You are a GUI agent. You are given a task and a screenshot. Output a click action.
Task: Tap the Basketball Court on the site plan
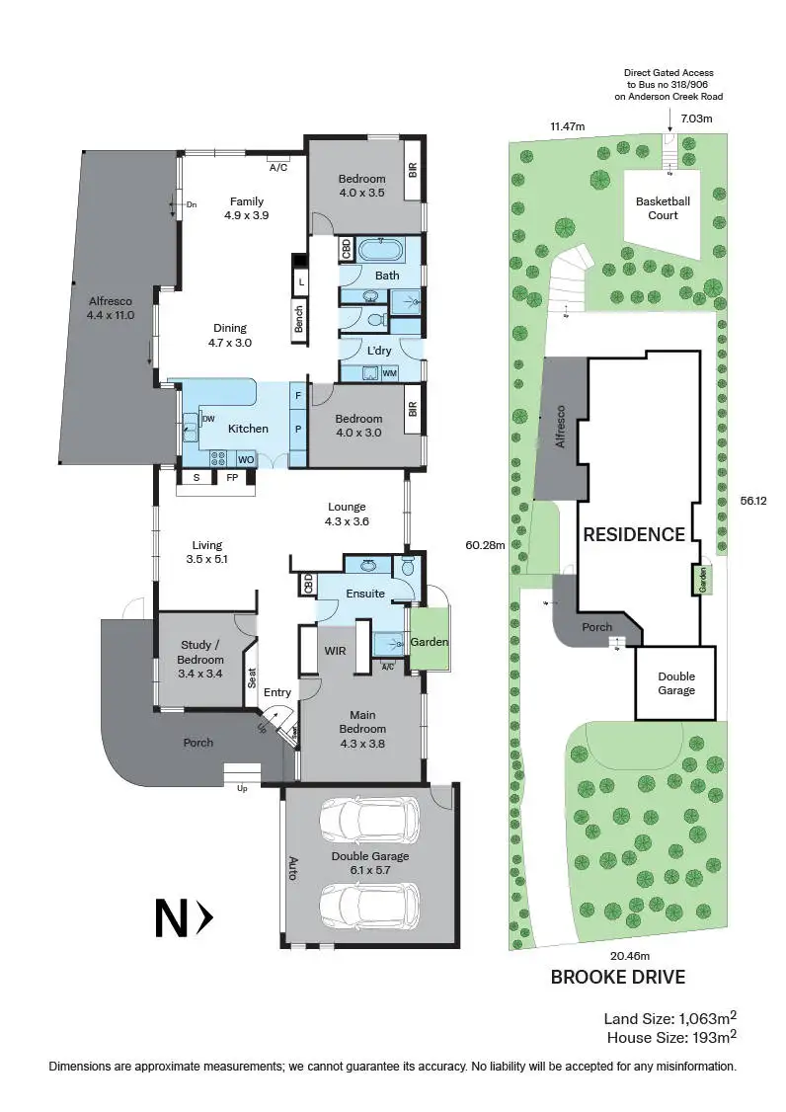pyautogui.click(x=663, y=207)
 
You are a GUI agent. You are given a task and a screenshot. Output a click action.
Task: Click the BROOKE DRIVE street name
pyautogui.click(x=617, y=978)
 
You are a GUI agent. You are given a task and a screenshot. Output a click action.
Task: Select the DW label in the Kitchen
pyautogui.click(x=208, y=419)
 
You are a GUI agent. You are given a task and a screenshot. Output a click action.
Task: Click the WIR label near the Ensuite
pyautogui.click(x=334, y=651)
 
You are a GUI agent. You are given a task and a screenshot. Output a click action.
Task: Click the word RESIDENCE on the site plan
pyautogui.click(x=634, y=534)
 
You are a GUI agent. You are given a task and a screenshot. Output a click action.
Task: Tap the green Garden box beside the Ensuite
pyautogui.click(x=429, y=642)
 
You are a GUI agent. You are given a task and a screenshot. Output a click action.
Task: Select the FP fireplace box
pyautogui.click(x=232, y=478)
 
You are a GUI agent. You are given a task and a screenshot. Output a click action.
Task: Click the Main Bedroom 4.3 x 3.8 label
pyautogui.click(x=362, y=722)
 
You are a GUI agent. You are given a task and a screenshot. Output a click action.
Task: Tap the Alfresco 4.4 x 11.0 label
pyautogui.click(x=111, y=308)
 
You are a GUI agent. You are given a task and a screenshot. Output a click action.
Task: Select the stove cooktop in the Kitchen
pyautogui.click(x=217, y=457)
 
